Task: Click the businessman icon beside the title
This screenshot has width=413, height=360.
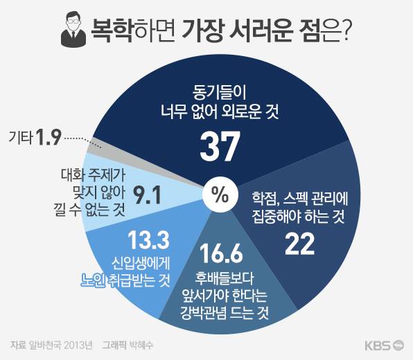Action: click(73, 29)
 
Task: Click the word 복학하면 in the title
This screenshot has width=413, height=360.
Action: click(133, 30)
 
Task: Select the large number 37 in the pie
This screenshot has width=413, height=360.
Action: click(220, 146)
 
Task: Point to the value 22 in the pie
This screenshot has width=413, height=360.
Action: click(300, 244)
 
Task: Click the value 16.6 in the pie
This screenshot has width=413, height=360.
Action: click(221, 253)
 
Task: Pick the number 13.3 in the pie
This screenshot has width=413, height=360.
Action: click(148, 240)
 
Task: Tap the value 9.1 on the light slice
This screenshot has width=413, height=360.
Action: click(147, 195)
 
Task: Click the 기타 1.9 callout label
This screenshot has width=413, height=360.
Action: click(35, 137)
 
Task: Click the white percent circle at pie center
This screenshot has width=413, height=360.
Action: click(220, 195)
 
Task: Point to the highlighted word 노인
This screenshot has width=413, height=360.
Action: click(93, 281)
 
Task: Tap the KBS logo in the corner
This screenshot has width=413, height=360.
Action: click(385, 345)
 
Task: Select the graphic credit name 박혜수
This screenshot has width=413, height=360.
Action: click(140, 345)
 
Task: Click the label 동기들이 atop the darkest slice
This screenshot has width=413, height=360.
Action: click(219, 93)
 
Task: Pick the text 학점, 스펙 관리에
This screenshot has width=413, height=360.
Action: click(300, 199)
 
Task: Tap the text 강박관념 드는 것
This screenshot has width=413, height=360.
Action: click(225, 314)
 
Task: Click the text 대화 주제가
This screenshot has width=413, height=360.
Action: click(93, 174)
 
